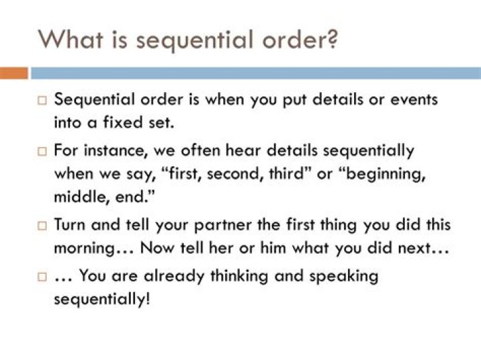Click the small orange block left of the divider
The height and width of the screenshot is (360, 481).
14,73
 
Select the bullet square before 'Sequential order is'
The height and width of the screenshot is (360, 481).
41,101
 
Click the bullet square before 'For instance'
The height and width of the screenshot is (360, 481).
41,152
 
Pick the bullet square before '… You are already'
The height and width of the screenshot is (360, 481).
41,276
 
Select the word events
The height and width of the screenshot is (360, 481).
413,100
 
